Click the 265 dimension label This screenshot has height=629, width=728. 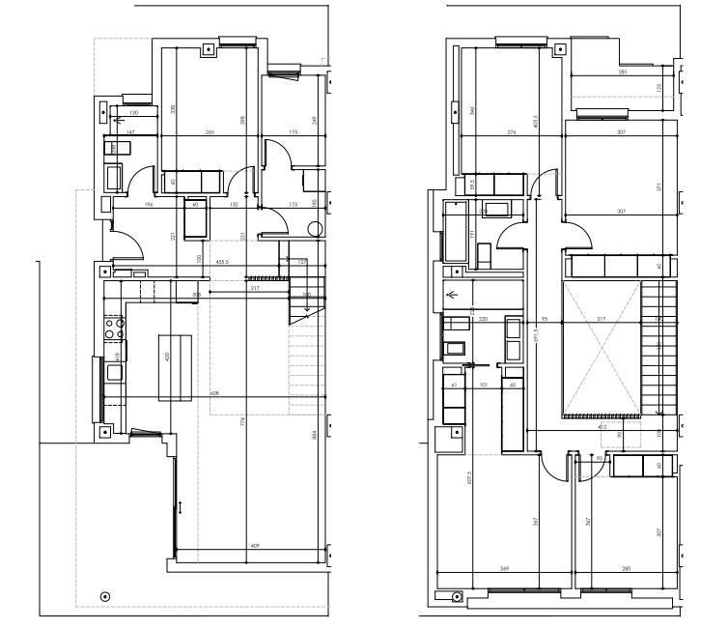[x=209, y=131]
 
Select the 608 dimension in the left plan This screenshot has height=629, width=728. [x=214, y=394]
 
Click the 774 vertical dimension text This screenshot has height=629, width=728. [x=241, y=421]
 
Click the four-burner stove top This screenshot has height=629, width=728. [x=115, y=328]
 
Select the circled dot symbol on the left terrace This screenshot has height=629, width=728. [x=105, y=595]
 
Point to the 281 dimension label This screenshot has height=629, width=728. [x=623, y=72]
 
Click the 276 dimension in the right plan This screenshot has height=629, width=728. [x=512, y=131]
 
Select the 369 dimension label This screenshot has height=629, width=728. [x=502, y=568]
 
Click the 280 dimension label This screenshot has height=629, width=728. [x=627, y=568]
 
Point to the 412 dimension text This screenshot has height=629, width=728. [x=602, y=425]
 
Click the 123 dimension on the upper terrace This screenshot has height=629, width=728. [x=658, y=88]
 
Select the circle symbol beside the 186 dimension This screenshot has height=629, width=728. [x=314, y=230]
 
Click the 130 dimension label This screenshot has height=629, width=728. [x=133, y=113]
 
